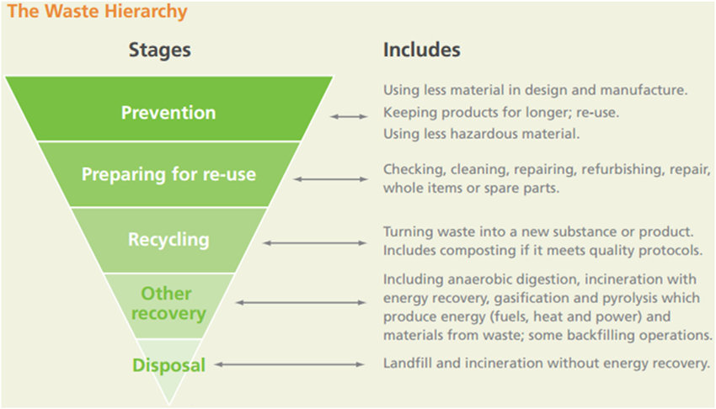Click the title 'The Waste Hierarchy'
tap(98, 13)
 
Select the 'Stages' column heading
tap(159, 50)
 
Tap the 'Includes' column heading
tap(422, 50)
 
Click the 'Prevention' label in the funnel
tap(168, 112)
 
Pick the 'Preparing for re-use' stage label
tap(168, 175)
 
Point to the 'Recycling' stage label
tap(168, 240)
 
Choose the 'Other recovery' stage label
tap(166, 303)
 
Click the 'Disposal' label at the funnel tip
tap(168, 365)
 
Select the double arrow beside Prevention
tap(349, 116)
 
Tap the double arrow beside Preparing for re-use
tap(332, 178)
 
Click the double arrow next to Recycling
tap(316, 242)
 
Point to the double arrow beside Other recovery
tap(302, 301)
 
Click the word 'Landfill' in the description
tap(408, 364)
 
